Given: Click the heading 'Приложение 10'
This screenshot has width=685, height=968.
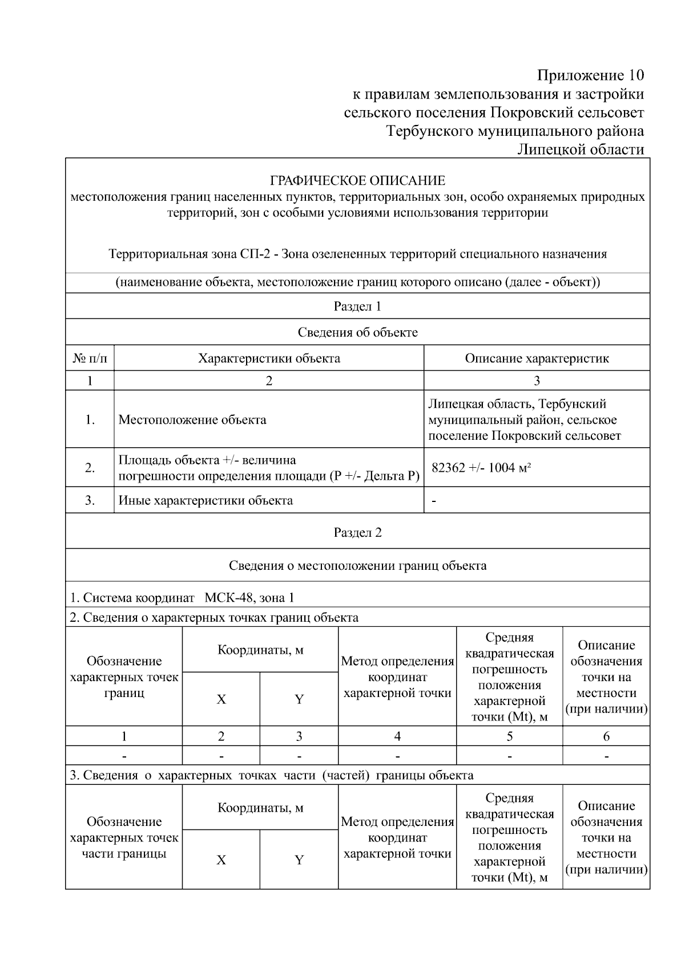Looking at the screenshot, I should tap(590, 75).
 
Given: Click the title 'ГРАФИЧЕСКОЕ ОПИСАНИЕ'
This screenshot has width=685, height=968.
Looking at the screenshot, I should tap(357, 181).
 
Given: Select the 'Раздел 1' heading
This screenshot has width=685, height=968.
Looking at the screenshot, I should tap(357, 306).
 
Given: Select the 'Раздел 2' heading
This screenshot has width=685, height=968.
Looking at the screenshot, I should tap(357, 532).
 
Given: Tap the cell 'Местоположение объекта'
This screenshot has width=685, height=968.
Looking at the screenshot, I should tap(192, 420).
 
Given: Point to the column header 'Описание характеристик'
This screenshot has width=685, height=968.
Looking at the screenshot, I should tap(537, 358).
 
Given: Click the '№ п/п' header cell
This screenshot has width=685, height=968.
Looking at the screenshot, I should tap(90, 358).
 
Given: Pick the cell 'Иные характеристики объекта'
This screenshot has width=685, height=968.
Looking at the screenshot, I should tap(205, 501).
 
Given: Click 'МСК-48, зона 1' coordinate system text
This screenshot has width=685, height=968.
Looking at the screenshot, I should tap(249, 598).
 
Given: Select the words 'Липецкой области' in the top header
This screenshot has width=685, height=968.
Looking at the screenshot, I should tap(581, 149).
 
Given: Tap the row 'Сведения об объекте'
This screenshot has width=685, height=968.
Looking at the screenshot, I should tap(357, 332).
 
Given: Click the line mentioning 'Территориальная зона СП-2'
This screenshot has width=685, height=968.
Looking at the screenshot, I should tap(357, 254).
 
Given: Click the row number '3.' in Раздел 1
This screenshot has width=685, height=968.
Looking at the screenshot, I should tap(90, 501).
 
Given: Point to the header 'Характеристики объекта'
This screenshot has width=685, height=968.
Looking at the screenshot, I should tap(269, 358).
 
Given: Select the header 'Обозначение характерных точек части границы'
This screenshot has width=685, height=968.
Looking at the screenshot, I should tap(124, 837).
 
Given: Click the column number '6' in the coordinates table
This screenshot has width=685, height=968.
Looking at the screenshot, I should tap(606, 736).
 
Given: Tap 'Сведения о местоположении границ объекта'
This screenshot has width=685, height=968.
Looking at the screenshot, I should tap(357, 565).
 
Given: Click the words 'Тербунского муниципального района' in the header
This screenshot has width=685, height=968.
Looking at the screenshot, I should tap(515, 131).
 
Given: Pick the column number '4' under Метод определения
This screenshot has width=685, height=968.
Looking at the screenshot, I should tap(397, 736).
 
